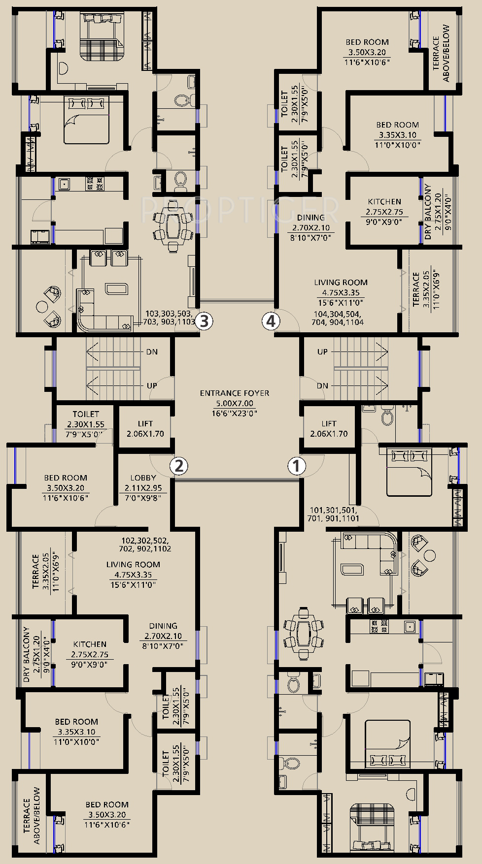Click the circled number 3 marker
pos(204,321)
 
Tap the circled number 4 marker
pos(270,321)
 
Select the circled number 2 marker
pos(179,465)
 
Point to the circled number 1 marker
pos(297,465)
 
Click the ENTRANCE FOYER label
pos(235,393)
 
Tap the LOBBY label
pos(143,478)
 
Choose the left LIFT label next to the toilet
pos(145,423)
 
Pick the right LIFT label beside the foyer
pos(329,423)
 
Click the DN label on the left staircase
pos(152,352)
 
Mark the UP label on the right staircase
pos(322,352)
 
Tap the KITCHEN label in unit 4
pos(384,201)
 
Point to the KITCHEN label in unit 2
pos(90,644)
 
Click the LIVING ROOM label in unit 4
pos(341,283)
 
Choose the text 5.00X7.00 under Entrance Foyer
pos(235,403)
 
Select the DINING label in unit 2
pos(163,626)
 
